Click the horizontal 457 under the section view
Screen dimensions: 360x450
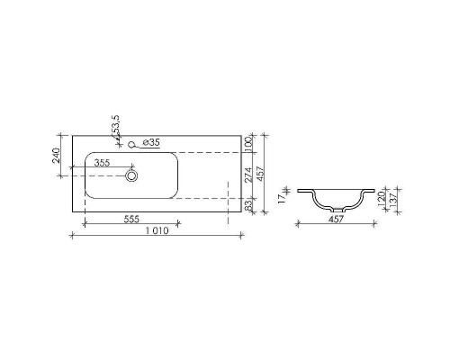click(337, 220)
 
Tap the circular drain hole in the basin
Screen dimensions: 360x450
click(131, 176)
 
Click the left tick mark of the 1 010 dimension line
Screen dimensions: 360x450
click(71, 236)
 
